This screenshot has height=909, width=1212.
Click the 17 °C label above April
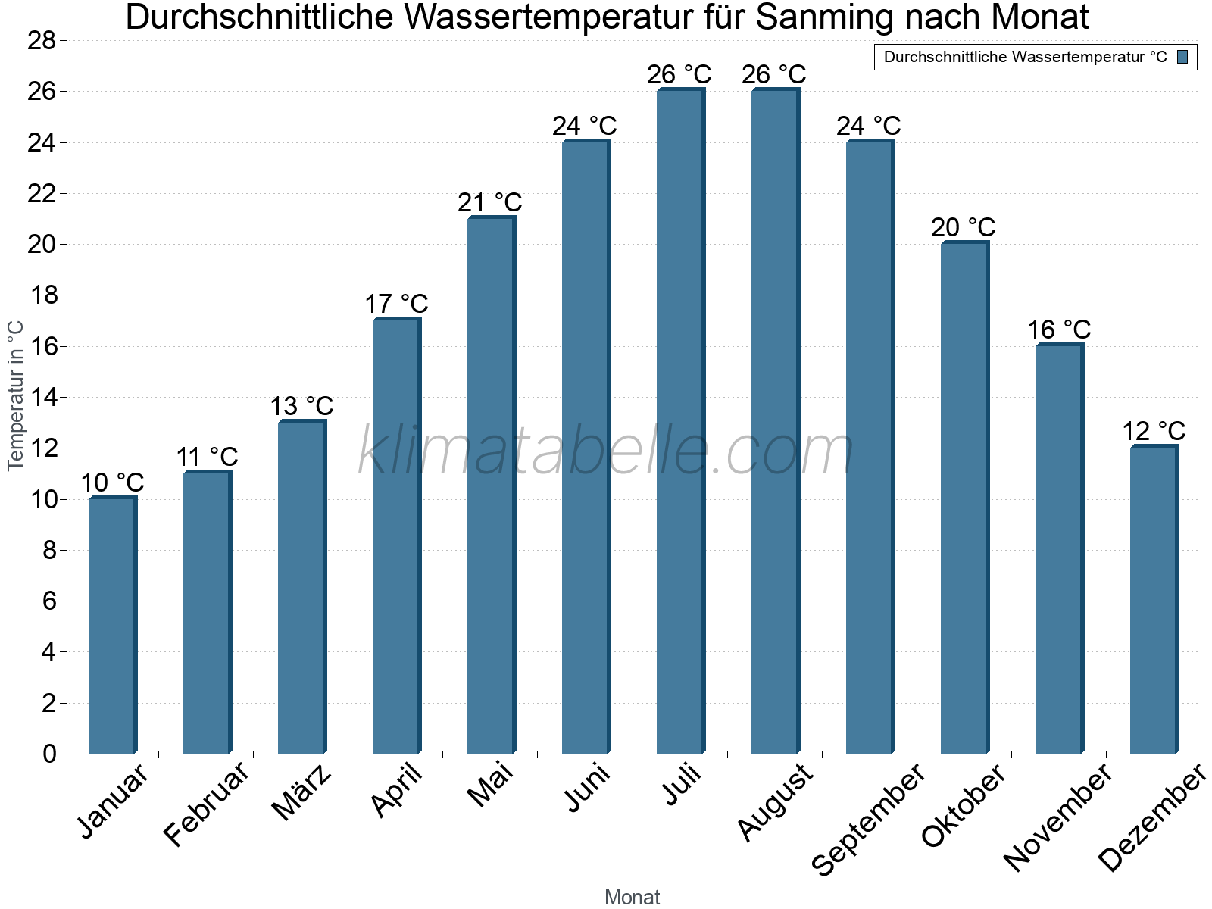pyautogui.click(x=396, y=305)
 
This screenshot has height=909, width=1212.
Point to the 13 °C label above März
pyautogui.click(x=301, y=407)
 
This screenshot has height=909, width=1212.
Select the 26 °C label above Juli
pyautogui.click(x=679, y=75)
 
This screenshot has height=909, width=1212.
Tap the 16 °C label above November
pyautogui.click(x=1059, y=330)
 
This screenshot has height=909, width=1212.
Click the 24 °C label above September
pyautogui.click(x=868, y=126)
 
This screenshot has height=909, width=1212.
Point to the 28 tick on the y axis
pyautogui.click(x=42, y=41)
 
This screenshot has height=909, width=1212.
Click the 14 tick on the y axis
pyautogui.click(x=42, y=398)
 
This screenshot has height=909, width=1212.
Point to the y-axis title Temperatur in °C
pyautogui.click(x=16, y=395)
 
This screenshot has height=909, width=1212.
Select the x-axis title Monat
pyautogui.click(x=632, y=897)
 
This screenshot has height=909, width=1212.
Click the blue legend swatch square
pyautogui.click(x=1182, y=57)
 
